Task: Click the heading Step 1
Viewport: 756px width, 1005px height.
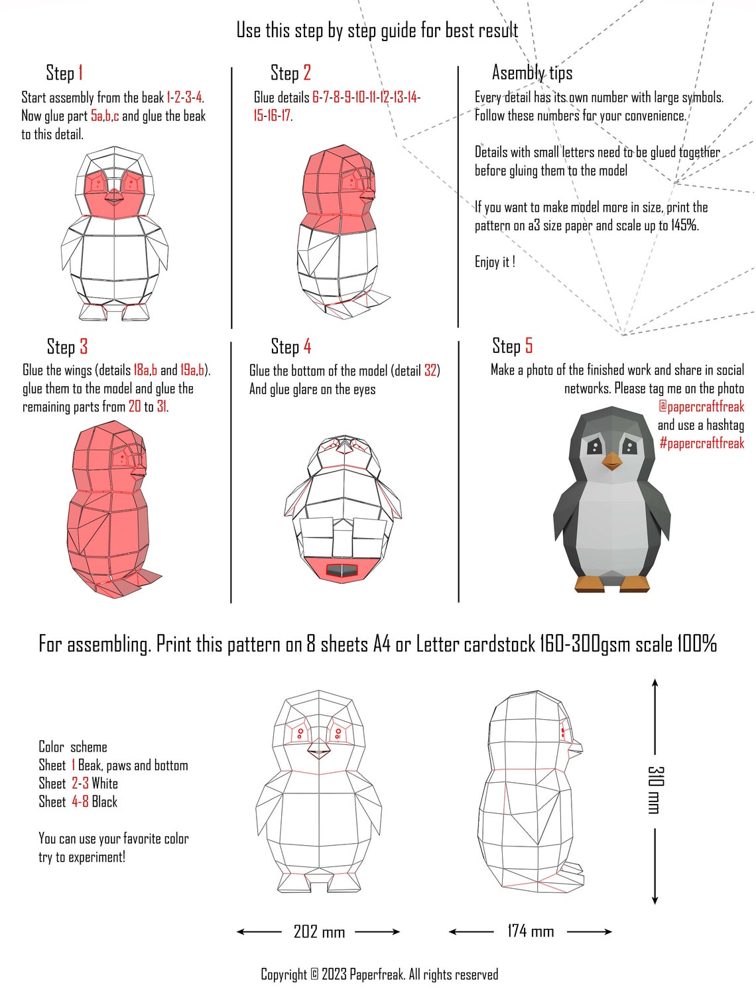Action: coord(64,73)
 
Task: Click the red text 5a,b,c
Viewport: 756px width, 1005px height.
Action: coord(105,116)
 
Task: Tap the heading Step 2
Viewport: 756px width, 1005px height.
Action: coord(290,73)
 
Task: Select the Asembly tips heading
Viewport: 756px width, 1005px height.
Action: coord(532,73)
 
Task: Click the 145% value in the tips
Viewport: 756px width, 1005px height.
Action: coord(684,226)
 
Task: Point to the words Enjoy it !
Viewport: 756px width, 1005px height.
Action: coord(495,262)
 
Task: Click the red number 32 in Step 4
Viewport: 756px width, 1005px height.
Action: coord(431,371)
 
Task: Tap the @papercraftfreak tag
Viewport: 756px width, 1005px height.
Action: coord(701,407)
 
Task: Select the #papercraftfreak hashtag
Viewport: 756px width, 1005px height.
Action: coord(701,443)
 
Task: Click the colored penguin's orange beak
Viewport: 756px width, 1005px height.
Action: coord(611,461)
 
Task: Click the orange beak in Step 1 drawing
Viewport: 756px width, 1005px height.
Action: coord(115,196)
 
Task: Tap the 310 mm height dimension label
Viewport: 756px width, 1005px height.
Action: coord(655,789)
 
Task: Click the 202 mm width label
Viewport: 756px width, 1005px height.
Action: coord(319,932)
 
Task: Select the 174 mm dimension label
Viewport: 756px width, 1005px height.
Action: coord(531,931)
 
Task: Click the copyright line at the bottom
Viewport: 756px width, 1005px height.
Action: coord(379,974)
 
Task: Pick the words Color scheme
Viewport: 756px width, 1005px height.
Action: coord(72,747)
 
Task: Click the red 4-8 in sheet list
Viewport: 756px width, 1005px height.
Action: coord(80,802)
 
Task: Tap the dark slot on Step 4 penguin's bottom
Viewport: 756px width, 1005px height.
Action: coord(342,570)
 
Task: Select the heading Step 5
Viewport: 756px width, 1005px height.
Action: coord(512,346)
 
